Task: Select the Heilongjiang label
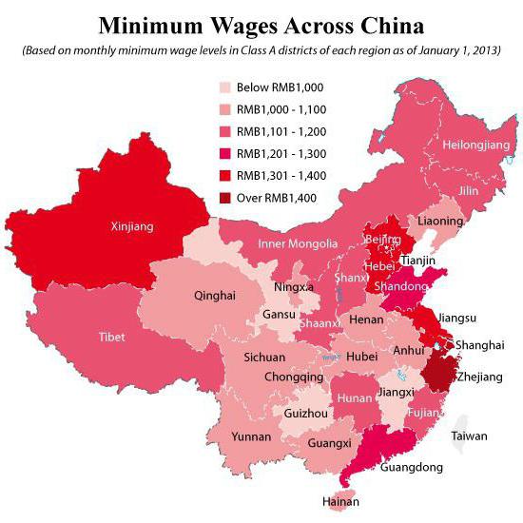pos(476,145)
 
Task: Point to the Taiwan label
pos(469,436)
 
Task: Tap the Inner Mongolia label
pos(298,244)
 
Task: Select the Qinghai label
pos(214,296)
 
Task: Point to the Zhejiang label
pos(480,378)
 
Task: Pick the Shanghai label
pos(479,344)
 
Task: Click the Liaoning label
pos(440,221)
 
